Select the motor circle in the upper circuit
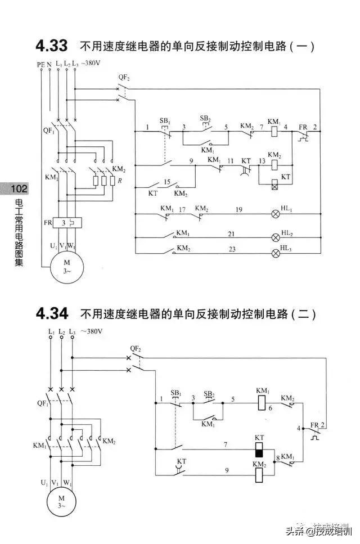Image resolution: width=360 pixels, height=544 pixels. click(x=66, y=266)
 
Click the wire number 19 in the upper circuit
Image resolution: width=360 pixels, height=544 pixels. click(x=239, y=209)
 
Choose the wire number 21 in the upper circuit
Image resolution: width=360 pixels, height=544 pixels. click(x=231, y=233)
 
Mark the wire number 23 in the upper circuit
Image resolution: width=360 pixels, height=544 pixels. click(x=231, y=249)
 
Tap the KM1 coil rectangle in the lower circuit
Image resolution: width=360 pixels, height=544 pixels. click(x=262, y=403)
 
